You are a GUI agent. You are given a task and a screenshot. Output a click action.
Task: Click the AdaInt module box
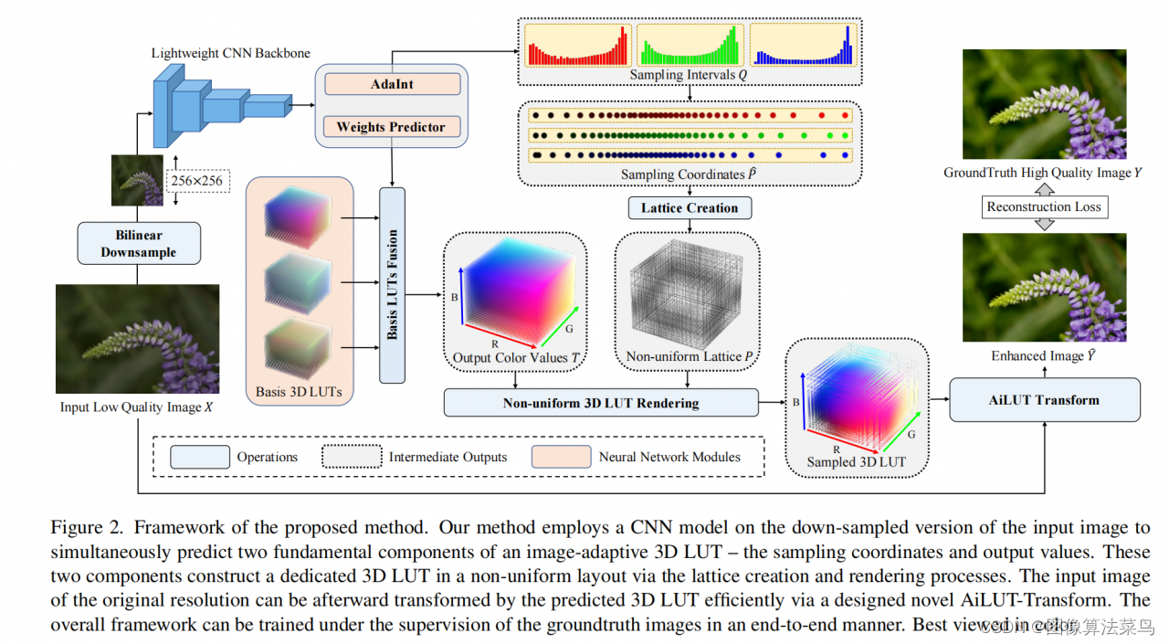tap(391, 84)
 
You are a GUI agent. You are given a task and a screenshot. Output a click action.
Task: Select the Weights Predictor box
tap(391, 127)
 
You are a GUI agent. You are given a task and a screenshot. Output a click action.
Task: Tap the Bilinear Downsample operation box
tap(139, 244)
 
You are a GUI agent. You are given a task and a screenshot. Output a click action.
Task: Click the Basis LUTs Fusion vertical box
tap(392, 285)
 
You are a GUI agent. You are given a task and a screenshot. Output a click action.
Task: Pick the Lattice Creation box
tap(690, 207)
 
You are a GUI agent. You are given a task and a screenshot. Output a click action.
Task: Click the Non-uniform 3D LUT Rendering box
tap(601, 402)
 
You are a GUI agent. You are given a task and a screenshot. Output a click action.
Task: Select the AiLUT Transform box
tap(1044, 400)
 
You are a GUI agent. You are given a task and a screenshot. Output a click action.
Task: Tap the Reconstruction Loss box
tap(1043, 206)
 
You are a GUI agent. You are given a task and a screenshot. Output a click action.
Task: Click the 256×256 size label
tap(196, 181)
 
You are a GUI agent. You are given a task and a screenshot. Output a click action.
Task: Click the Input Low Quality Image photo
tap(137, 339)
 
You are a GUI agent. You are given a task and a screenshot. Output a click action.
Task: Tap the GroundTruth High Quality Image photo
tap(1043, 105)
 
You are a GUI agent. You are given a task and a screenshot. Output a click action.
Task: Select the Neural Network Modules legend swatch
tap(561, 457)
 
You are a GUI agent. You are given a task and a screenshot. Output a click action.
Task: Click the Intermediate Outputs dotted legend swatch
tap(351, 457)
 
